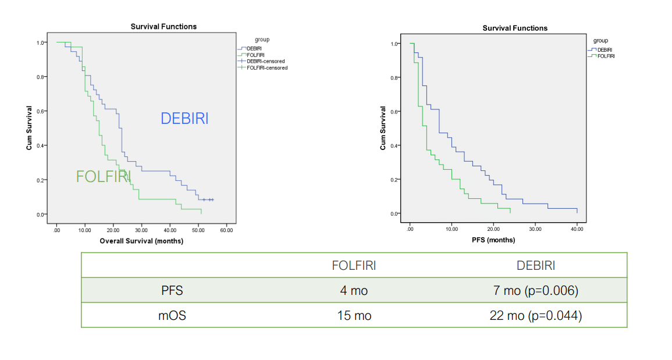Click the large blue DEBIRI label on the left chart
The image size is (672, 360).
[x=184, y=118]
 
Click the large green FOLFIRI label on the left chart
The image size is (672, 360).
[x=104, y=176]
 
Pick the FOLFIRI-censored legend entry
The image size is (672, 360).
[x=266, y=67]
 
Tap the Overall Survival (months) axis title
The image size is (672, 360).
[x=141, y=241]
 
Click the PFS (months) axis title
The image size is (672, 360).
[x=493, y=240]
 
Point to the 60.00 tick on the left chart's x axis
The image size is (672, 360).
[x=226, y=230]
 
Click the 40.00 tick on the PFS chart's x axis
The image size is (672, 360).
[x=577, y=229]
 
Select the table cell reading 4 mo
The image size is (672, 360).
[x=354, y=290]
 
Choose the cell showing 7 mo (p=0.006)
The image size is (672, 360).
[x=535, y=290]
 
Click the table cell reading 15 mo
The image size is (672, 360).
[x=354, y=315]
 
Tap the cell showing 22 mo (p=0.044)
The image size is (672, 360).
[x=535, y=315]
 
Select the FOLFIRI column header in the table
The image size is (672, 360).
[x=354, y=265]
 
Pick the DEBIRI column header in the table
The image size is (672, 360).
[x=535, y=265]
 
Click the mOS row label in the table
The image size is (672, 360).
[x=172, y=315]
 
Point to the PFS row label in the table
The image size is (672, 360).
[x=172, y=290]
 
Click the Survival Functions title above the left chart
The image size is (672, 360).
[x=163, y=26]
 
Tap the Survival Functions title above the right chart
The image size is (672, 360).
[x=515, y=28]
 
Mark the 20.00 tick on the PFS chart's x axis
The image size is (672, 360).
[x=493, y=229]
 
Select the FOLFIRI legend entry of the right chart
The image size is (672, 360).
[x=606, y=56]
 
